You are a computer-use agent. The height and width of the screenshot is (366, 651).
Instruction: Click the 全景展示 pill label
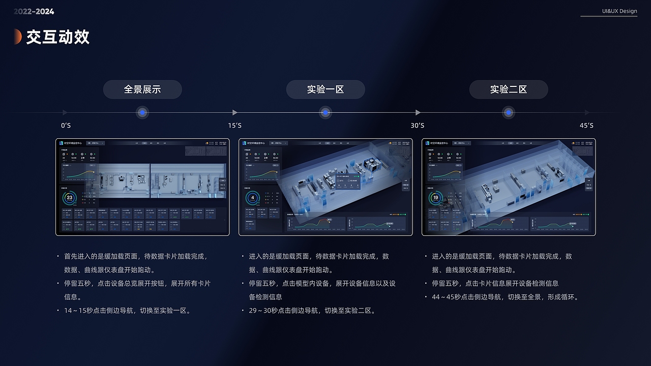pos(142,89)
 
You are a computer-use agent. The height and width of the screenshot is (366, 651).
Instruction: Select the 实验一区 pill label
pos(325,89)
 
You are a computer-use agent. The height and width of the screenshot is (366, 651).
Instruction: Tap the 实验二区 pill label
pos(509,89)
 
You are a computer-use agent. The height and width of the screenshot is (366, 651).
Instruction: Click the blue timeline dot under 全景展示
pos(142,112)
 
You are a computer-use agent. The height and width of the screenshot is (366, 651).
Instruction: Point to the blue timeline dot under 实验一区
pos(325,112)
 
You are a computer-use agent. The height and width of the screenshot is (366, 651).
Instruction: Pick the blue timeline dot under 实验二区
pos(509,112)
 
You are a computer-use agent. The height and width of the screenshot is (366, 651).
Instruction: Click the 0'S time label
pos(66,126)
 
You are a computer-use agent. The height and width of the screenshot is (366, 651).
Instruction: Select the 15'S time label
pos(234,126)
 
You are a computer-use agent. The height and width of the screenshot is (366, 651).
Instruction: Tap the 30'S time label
pos(417,126)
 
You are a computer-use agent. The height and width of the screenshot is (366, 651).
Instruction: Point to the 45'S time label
pos(586,126)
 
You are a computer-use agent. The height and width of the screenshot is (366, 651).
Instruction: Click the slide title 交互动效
pos(58,37)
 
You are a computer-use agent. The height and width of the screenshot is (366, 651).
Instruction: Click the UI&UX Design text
pos(619,11)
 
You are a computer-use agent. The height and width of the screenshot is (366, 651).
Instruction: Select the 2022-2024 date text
pos(34,11)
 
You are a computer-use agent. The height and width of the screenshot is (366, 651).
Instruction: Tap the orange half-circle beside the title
pos(18,37)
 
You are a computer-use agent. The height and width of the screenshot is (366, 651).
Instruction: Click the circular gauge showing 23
pos(70,198)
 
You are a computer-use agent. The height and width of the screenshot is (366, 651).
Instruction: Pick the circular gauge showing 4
pos(253,198)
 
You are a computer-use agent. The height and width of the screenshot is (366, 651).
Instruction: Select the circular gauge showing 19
pos(436,198)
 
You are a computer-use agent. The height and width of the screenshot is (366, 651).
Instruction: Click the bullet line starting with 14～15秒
pos(127,311)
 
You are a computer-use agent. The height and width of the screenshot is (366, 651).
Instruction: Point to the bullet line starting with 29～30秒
pos(312,311)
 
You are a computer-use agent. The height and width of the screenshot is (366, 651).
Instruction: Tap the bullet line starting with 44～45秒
pos(505,297)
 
